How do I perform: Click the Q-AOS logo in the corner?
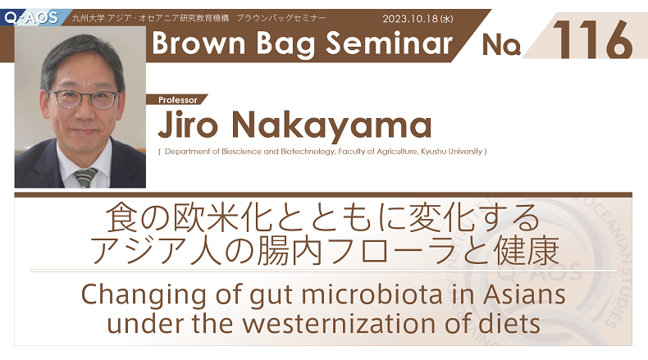point(31,17)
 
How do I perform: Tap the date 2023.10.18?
point(410,19)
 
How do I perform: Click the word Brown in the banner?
point(199,43)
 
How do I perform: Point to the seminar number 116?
point(592,39)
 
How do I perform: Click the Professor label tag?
point(177,100)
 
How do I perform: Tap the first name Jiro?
point(188,125)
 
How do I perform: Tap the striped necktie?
point(85,178)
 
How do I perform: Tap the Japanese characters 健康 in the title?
point(527,251)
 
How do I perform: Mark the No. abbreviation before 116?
point(501,44)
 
